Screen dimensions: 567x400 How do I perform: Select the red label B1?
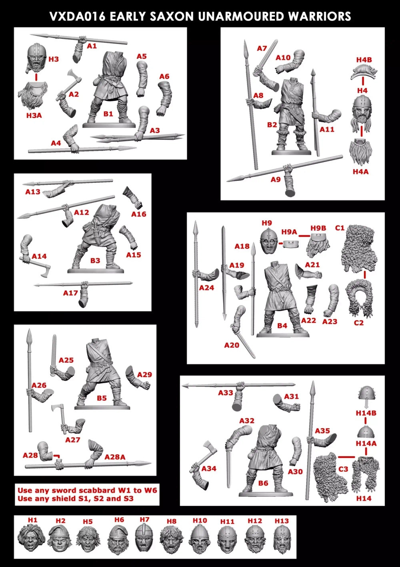click(108, 114)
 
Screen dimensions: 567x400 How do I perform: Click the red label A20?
click(231, 345)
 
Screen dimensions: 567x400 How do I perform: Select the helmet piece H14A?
click(366, 433)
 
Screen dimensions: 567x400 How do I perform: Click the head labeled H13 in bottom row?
click(281, 539)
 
